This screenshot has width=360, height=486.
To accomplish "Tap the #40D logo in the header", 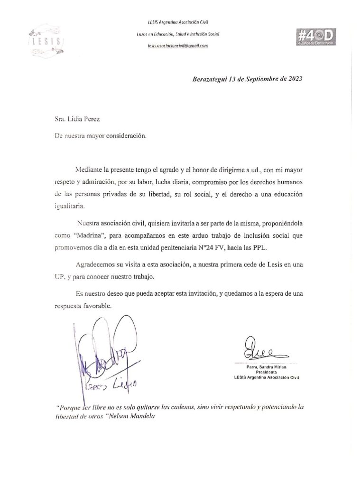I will pos(315,37).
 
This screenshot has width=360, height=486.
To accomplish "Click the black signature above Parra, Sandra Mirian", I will pos(260,352).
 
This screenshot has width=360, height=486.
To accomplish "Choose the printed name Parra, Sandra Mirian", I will pos(262,367).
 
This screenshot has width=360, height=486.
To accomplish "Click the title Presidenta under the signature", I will pos(262,373).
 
